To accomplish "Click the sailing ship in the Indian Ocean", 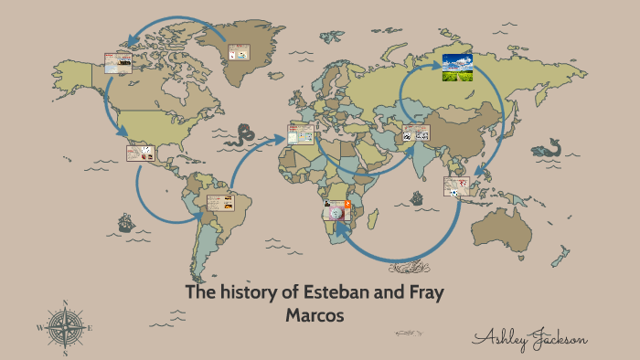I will click(417, 197).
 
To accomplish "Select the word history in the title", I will click(251, 293).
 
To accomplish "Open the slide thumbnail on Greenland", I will click(238, 53).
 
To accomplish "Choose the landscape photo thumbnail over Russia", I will click(456, 67).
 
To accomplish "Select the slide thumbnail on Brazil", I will click(220, 203).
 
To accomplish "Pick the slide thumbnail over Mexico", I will click(139, 153).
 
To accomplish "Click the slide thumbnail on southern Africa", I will click(337, 211).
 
